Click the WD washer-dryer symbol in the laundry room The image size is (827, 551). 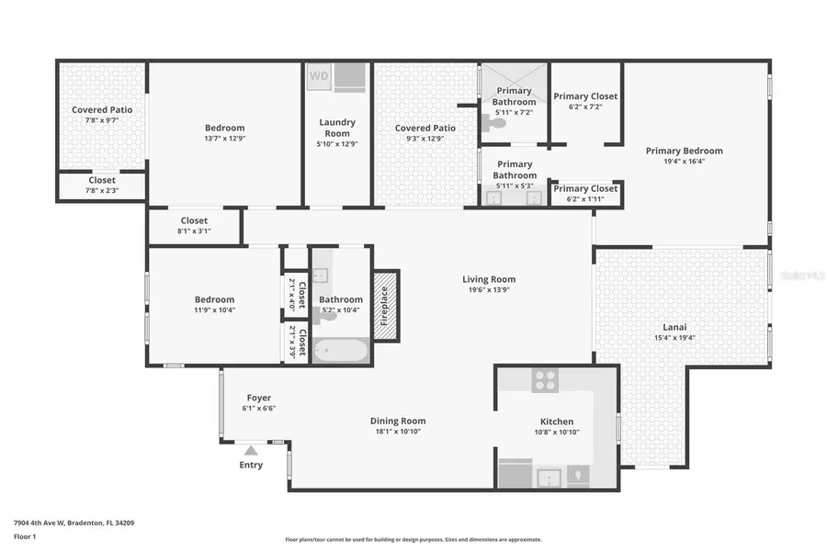tap(319, 75)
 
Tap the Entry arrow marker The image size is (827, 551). tap(251, 450)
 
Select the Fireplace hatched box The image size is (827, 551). tap(385, 305)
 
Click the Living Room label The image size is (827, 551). tap(488, 279)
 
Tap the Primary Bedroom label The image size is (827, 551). tap(684, 151)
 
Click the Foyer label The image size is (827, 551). tap(258, 398)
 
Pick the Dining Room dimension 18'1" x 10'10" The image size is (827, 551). tap(400, 432)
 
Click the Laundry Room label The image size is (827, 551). tap(336, 128)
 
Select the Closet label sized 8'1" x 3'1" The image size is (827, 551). tap(194, 220)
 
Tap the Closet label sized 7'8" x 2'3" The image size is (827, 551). tap(102, 180)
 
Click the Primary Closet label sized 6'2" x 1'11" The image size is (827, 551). tap(584, 188)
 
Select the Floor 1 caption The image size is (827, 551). tap(27, 536)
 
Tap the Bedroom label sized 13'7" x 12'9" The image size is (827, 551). tap(225, 128)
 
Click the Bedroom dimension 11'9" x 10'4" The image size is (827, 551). tap(214, 310)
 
